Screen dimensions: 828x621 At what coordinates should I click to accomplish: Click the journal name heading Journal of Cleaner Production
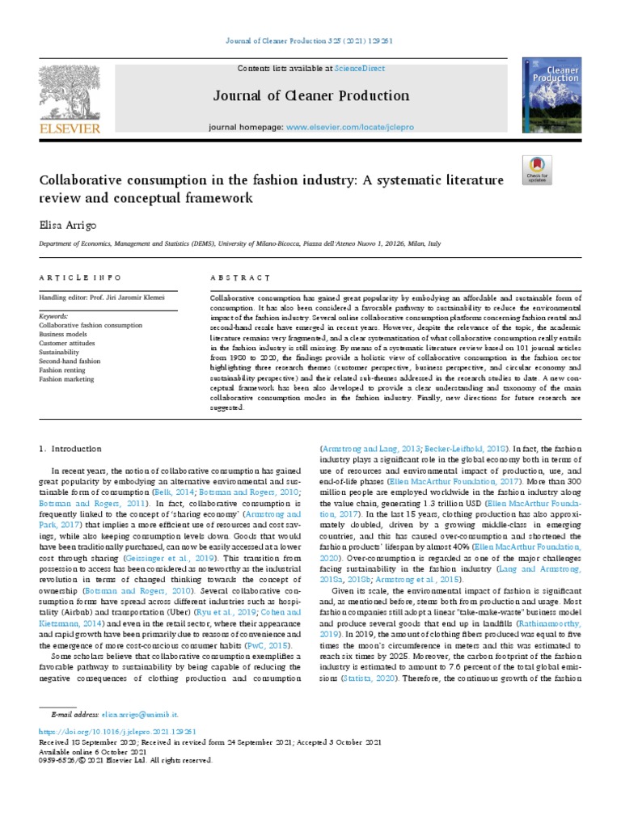[x=311, y=96]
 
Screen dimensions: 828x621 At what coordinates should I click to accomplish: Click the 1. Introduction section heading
[x=71, y=448]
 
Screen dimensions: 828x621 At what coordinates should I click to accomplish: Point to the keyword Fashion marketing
[x=66, y=379]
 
